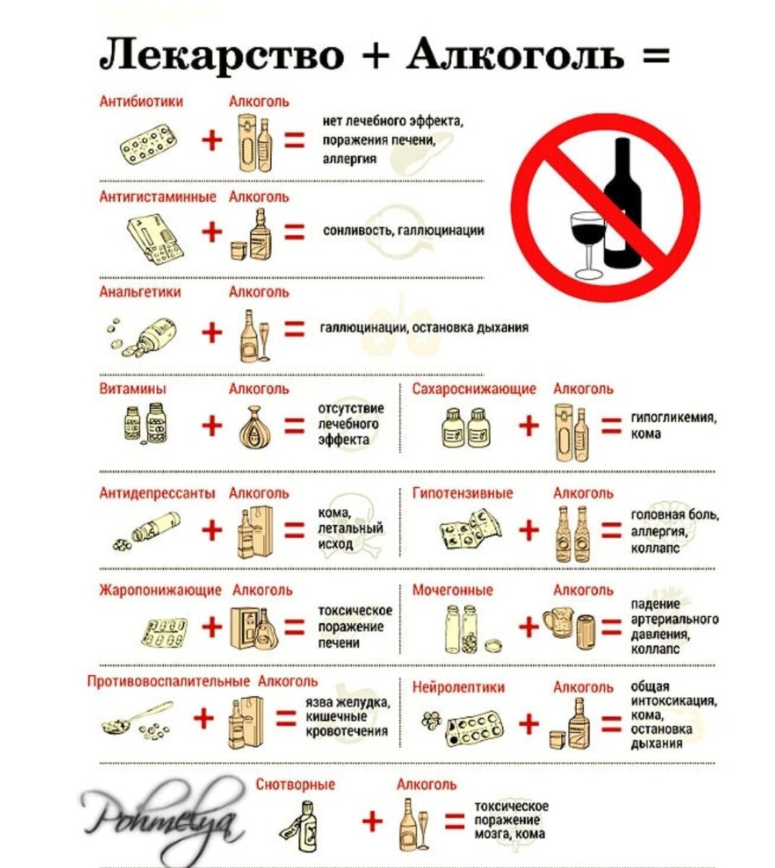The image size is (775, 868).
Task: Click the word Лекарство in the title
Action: point(221,54)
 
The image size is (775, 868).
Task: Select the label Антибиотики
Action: point(141,101)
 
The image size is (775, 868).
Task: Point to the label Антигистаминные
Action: point(158,197)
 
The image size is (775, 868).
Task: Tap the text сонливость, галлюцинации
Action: point(403,231)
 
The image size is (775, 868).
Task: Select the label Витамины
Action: point(132,389)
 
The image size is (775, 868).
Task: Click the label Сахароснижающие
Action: point(474,389)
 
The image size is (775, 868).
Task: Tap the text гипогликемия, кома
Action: point(672,425)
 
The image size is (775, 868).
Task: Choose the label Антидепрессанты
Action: point(157,493)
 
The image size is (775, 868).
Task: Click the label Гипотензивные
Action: point(463,493)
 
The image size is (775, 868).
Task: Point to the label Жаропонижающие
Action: point(160,590)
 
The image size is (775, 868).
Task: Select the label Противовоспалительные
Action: point(168,681)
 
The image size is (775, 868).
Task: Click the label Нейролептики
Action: point(458,687)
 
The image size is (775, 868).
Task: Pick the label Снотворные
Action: point(296,785)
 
